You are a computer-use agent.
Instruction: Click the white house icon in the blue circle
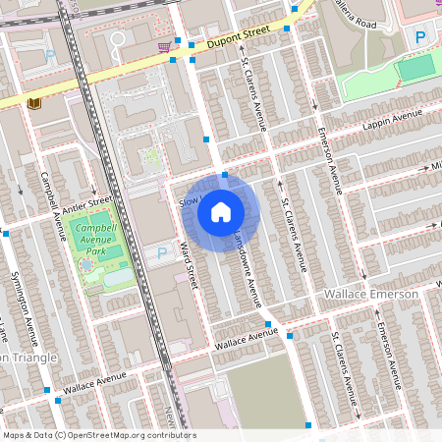click(x=221, y=211)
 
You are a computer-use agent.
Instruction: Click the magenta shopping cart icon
click(x=163, y=46)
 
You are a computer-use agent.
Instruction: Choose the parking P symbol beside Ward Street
click(x=162, y=253)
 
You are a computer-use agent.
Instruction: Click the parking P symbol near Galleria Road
click(x=420, y=37)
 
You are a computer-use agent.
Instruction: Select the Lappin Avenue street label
click(x=390, y=121)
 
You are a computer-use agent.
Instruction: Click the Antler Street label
click(x=87, y=205)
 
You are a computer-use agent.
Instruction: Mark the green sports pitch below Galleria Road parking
click(x=414, y=68)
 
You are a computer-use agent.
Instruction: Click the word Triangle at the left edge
click(x=34, y=357)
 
